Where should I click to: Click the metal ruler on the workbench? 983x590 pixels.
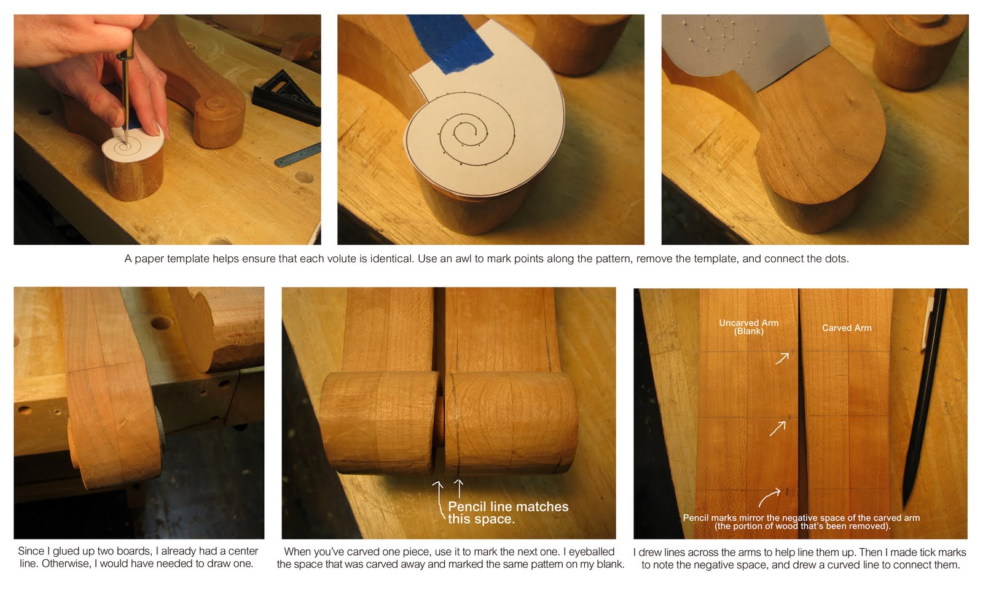point(298,154)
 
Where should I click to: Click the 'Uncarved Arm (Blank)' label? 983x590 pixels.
point(749,327)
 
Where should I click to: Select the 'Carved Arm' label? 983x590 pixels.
point(847,328)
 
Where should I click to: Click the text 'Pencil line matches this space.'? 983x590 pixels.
point(507,513)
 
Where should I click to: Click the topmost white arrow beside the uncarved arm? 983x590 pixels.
point(782,358)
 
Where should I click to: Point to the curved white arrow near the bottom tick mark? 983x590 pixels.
point(769,497)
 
